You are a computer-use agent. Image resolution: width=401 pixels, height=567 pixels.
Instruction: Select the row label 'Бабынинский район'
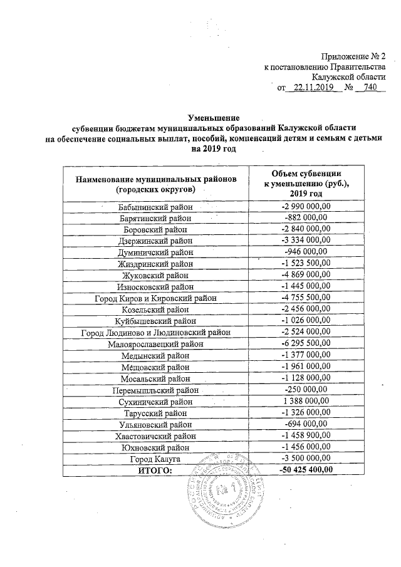tap(156, 207)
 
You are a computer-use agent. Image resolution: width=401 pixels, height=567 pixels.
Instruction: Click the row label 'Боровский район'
tap(156, 229)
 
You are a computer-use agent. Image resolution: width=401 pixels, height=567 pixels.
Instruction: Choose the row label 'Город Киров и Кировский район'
tap(156, 298)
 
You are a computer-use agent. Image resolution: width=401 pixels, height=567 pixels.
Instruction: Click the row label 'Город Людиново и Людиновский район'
tap(156, 331)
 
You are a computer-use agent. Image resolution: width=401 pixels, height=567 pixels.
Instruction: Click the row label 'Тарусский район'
tap(156, 412)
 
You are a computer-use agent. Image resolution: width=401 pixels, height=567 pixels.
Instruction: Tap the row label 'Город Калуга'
tap(156, 457)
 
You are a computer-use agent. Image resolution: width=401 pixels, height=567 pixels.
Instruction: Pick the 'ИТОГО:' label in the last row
tap(156, 469)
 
